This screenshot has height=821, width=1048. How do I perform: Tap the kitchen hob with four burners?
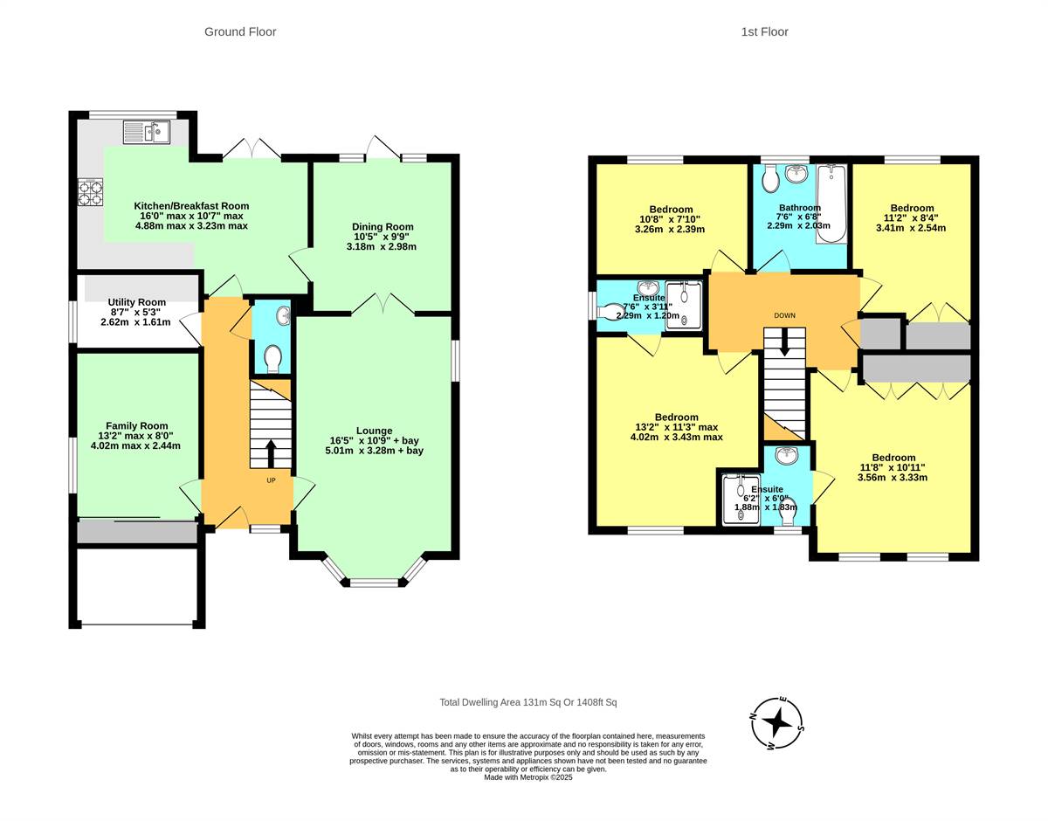[91, 191]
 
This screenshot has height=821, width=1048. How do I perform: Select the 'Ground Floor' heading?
[240, 32]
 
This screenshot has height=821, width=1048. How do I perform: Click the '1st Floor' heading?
[764, 32]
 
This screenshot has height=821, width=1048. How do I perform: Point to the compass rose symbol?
[776, 723]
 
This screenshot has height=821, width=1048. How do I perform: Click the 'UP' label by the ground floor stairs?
[271, 479]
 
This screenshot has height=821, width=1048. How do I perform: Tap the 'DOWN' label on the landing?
[784, 315]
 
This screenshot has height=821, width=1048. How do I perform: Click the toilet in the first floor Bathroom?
[770, 180]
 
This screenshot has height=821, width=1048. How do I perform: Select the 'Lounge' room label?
[374, 431]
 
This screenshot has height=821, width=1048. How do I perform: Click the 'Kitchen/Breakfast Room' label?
[190, 206]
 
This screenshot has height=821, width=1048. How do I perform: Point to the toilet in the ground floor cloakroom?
[272, 357]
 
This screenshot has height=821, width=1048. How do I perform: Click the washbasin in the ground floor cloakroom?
[283, 314]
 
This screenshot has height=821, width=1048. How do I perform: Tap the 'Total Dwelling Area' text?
[528, 702]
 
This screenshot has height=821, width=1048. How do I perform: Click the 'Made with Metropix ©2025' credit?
[528, 776]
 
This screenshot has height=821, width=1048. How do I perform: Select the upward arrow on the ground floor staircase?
[270, 453]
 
